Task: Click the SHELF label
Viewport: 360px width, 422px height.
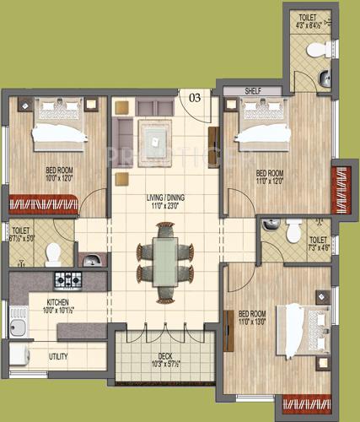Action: click(x=252, y=89)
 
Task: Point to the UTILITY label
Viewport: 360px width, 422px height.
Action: click(x=58, y=356)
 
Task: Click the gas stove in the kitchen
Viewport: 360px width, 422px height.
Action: click(x=67, y=279)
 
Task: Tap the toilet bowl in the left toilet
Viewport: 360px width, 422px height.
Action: click(x=52, y=252)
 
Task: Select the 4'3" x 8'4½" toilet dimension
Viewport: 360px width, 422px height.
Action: click(x=306, y=25)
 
